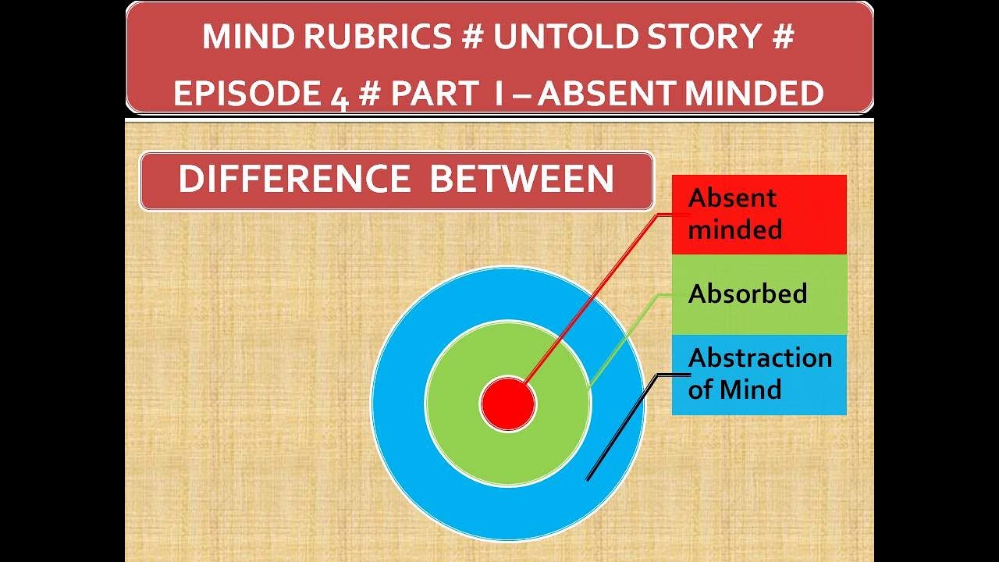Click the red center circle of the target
[507, 404]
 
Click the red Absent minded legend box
[759, 214]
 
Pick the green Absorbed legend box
[759, 294]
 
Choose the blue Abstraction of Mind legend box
[759, 374]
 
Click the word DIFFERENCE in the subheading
[294, 180]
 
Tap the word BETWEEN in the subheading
[521, 180]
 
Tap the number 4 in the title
[337, 95]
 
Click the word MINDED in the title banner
[753, 94]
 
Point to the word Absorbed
[747, 293]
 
